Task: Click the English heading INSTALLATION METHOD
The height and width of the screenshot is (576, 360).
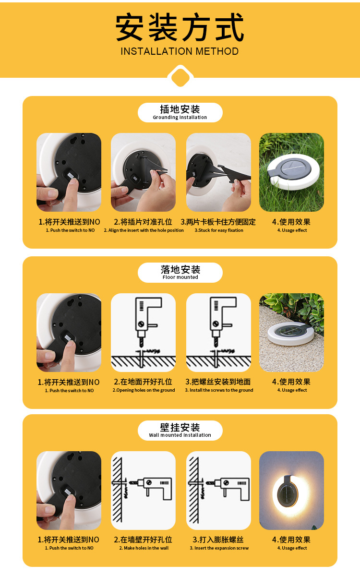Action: pyautogui.click(x=180, y=51)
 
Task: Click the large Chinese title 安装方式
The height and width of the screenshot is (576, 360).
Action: pyautogui.click(x=180, y=28)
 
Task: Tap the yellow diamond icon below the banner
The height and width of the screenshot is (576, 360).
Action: pyautogui.click(x=180, y=76)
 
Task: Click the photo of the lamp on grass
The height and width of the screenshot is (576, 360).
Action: pyautogui.click(x=291, y=172)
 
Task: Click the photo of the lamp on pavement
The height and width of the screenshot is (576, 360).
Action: pyautogui.click(x=291, y=332)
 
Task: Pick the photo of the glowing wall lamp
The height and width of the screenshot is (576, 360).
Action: pyautogui.click(x=291, y=490)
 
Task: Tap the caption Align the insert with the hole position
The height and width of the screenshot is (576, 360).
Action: pyautogui.click(x=144, y=230)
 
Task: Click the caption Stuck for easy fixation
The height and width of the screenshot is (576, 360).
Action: pyautogui.click(x=219, y=230)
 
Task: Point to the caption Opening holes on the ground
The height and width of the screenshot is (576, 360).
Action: pyautogui.click(x=144, y=390)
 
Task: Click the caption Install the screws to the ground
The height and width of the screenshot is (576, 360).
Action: pyautogui.click(x=219, y=390)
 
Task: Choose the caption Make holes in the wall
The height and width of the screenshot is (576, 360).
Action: pyautogui.click(x=144, y=548)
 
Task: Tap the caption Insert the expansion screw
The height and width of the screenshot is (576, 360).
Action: pyautogui.click(x=219, y=548)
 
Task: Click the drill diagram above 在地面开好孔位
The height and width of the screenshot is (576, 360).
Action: pyautogui.click(x=143, y=332)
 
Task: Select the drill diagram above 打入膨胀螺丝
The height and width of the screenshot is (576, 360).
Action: pyautogui.click(x=218, y=490)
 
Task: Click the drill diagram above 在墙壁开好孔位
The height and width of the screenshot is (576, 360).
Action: pyautogui.click(x=143, y=490)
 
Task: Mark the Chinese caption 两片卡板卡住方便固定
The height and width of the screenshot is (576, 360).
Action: pyautogui.click(x=218, y=222)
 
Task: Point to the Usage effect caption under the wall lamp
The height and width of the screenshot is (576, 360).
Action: pyautogui.click(x=292, y=548)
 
